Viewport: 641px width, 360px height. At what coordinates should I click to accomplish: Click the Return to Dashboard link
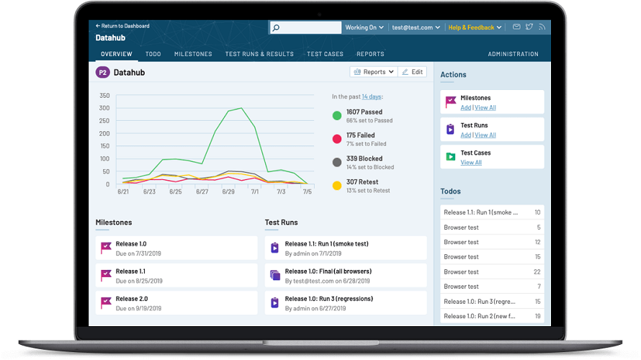pos(123,26)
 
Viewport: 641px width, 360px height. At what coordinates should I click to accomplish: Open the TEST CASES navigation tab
pos(325,54)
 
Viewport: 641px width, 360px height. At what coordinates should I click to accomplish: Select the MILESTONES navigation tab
pos(193,54)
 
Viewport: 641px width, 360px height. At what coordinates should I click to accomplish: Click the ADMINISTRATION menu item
pos(513,54)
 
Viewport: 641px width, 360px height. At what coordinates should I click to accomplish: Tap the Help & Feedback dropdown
pos(474,27)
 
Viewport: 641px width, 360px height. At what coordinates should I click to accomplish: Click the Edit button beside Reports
pos(413,72)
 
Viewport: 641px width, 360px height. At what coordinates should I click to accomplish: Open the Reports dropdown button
pos(373,72)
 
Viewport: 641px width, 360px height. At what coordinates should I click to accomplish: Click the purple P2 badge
pos(102,72)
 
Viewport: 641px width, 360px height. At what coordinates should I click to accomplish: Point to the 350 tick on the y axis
pos(104,96)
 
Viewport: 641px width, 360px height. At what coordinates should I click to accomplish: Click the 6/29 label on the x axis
pos(228,192)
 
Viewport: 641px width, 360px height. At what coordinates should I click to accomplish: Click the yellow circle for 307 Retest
pos(336,186)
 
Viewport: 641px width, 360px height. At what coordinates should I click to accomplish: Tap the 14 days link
pos(372,96)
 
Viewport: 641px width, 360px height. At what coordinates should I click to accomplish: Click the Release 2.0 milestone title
pos(132,299)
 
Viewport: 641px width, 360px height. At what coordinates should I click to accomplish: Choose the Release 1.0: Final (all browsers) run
pos(328,271)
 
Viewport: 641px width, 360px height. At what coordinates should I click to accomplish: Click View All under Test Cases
pos(471,163)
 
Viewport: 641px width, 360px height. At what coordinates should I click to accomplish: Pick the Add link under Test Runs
pos(465,135)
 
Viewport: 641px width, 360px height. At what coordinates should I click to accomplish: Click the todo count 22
pos(537,271)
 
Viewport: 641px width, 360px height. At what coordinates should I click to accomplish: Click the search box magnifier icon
pos(276,28)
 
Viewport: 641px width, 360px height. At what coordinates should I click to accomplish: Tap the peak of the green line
pos(241,108)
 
